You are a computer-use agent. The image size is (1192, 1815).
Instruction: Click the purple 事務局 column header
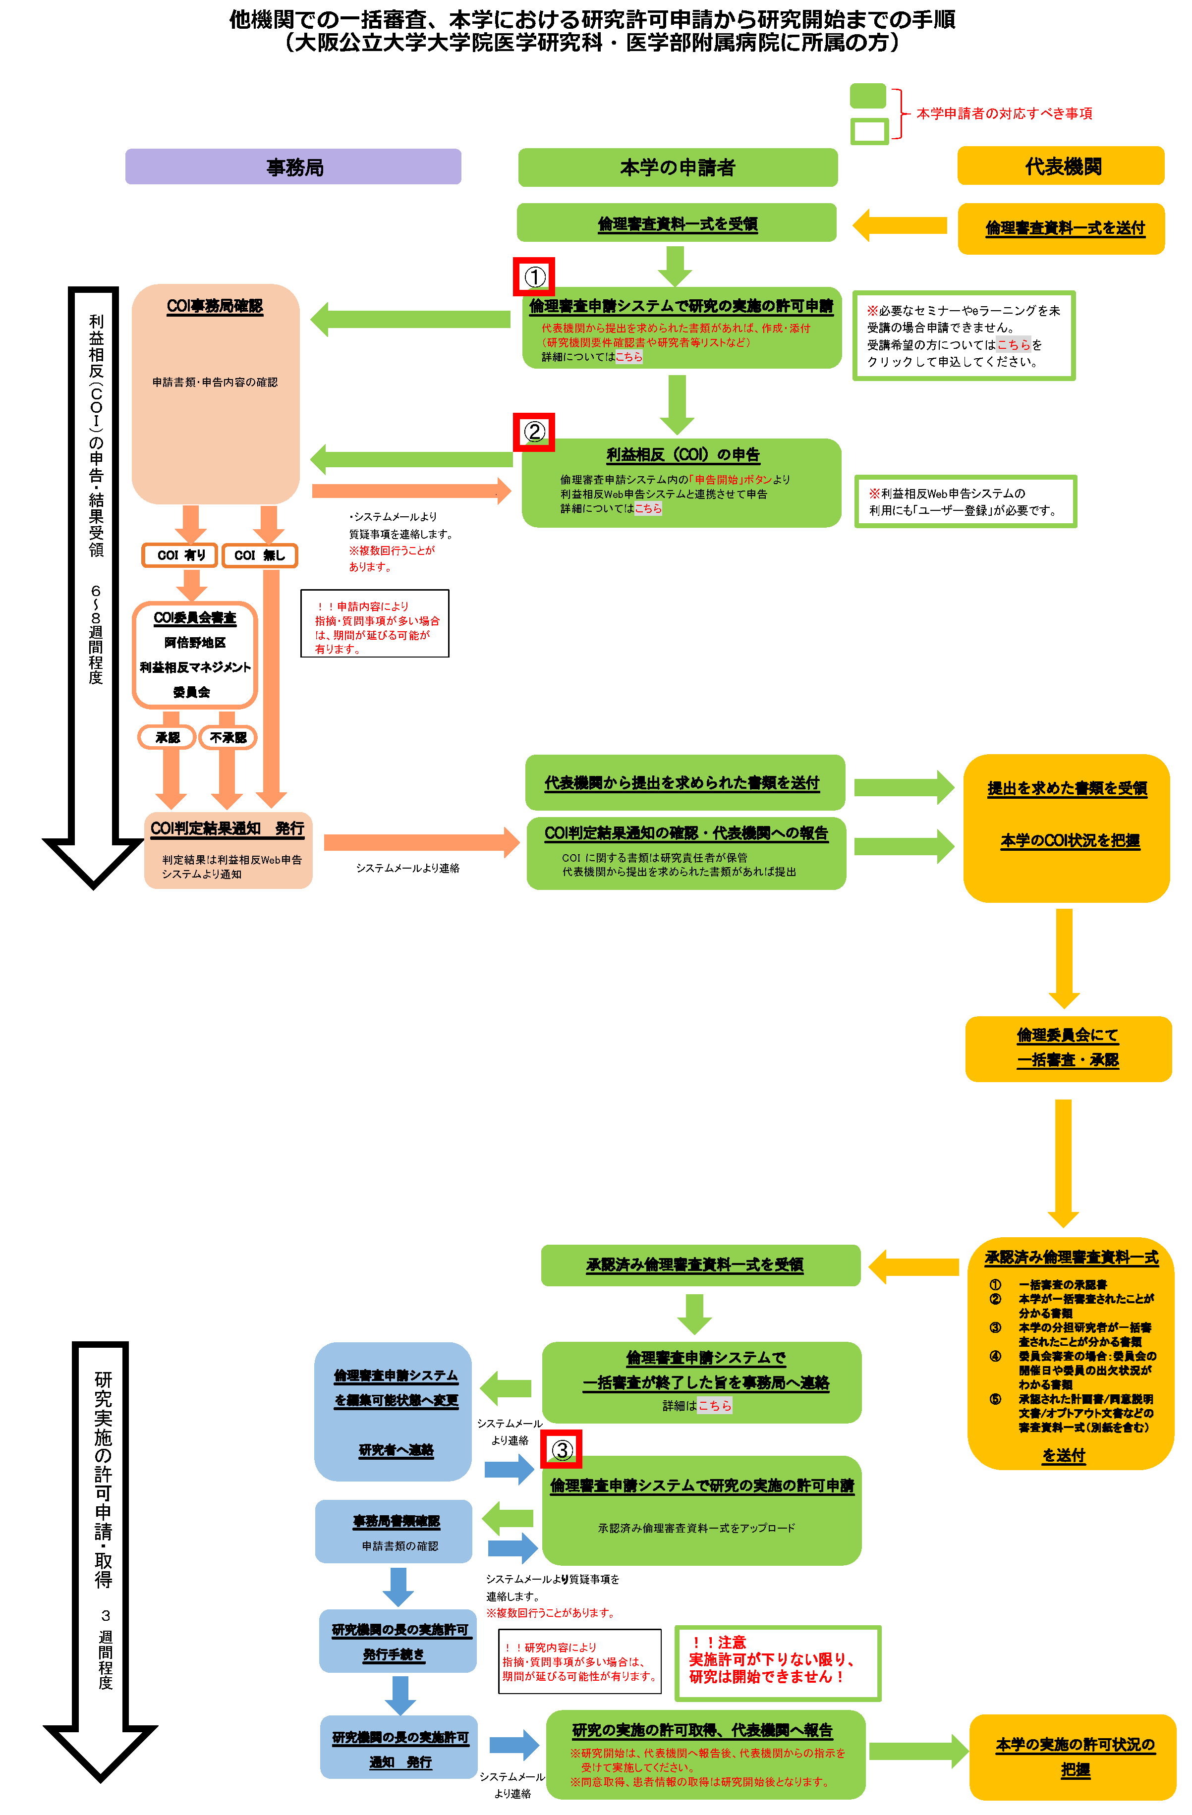click(x=293, y=167)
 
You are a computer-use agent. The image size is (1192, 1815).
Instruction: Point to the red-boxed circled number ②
click(x=534, y=432)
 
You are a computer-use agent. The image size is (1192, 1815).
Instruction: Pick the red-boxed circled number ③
click(x=561, y=1449)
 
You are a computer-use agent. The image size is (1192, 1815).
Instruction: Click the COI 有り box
click(x=180, y=555)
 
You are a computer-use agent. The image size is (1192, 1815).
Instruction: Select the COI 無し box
click(x=259, y=555)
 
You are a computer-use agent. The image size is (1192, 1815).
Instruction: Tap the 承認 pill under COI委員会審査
click(x=167, y=737)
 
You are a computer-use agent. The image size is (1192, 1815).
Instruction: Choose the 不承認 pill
click(x=227, y=737)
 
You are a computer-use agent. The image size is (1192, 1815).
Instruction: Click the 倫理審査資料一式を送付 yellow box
click(x=1061, y=228)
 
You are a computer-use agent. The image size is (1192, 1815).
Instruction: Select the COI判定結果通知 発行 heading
click(x=227, y=828)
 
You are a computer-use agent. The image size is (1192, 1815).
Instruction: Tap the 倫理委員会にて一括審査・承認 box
click(x=1068, y=1048)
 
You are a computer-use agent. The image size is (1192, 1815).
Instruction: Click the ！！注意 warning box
click(x=777, y=1662)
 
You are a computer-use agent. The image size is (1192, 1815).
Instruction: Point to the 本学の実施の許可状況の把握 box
click(x=1073, y=1757)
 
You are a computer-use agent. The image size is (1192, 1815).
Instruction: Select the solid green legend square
click(x=867, y=96)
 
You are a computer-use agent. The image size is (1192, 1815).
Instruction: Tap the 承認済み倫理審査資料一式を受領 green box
click(x=700, y=1265)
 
